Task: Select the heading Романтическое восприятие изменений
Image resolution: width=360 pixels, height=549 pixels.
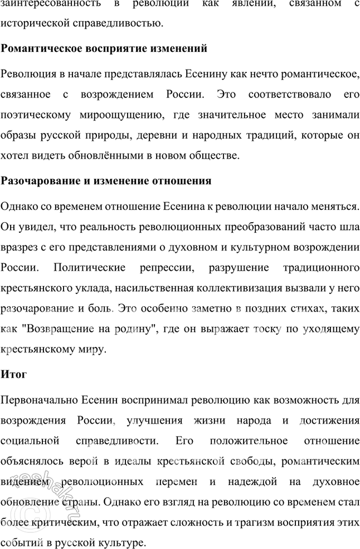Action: coord(105,49)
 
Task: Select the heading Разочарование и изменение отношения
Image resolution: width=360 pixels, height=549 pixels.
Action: coord(106,181)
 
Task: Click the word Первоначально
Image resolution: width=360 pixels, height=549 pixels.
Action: coord(40,400)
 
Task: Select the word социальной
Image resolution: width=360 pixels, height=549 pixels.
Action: coord(31,440)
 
